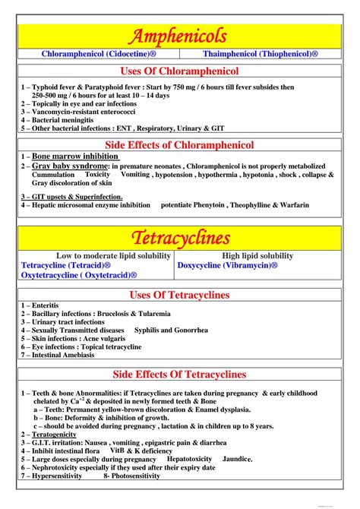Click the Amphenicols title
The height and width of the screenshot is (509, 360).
pos(180,36)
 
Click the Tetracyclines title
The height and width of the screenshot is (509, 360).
pos(180,239)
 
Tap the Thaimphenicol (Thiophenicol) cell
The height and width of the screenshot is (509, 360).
pos(261,55)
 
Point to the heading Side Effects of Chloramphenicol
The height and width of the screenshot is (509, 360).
pos(180,144)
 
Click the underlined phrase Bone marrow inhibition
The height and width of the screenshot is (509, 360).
pos(74,156)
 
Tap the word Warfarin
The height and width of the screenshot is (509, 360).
pos(291,205)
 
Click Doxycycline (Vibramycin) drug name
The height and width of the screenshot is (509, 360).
pos(227,266)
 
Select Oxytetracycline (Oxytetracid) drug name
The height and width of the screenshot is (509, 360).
pos(79,275)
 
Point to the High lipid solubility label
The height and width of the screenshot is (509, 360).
pos(257,256)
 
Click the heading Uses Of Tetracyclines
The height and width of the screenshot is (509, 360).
pos(180,295)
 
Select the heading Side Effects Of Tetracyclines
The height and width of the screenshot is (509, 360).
pos(180,375)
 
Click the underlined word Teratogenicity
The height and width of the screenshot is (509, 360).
pos(62,434)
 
